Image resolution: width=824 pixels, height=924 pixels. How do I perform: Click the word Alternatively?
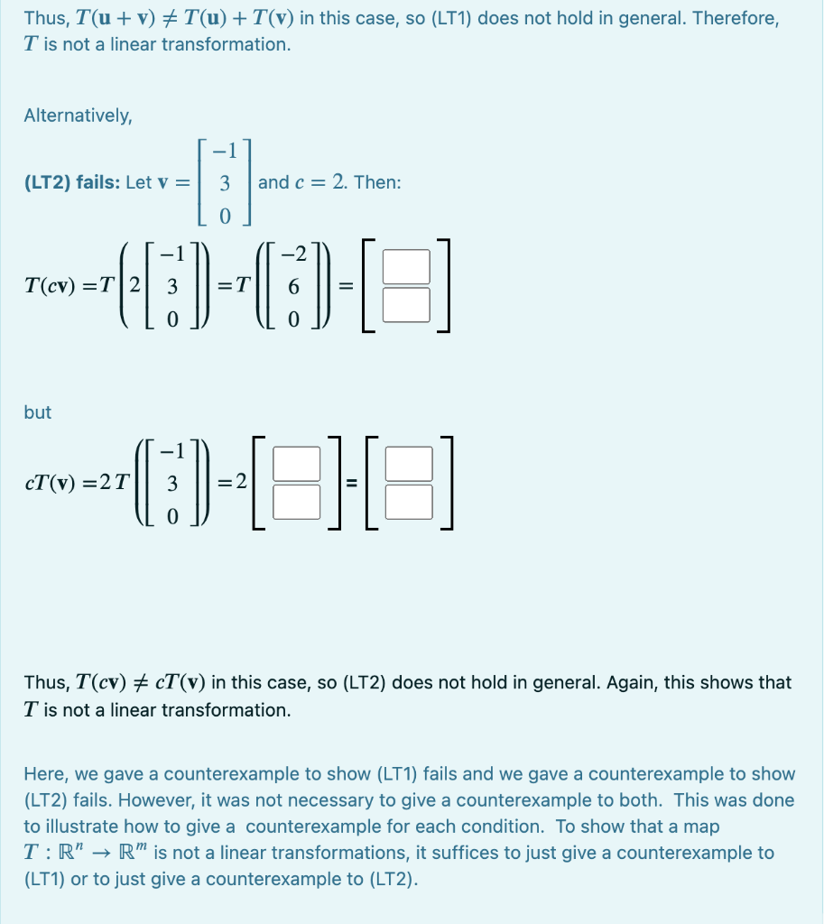(x=78, y=115)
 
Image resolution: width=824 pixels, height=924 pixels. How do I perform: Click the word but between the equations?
(x=38, y=412)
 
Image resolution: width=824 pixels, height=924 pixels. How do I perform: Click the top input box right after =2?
(x=297, y=464)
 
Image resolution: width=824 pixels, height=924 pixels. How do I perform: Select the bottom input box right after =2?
(x=297, y=503)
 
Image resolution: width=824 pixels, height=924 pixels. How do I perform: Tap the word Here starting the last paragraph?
(x=42, y=774)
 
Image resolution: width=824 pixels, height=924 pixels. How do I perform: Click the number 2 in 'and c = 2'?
(x=338, y=182)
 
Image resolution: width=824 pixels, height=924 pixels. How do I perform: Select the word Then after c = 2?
(x=377, y=182)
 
